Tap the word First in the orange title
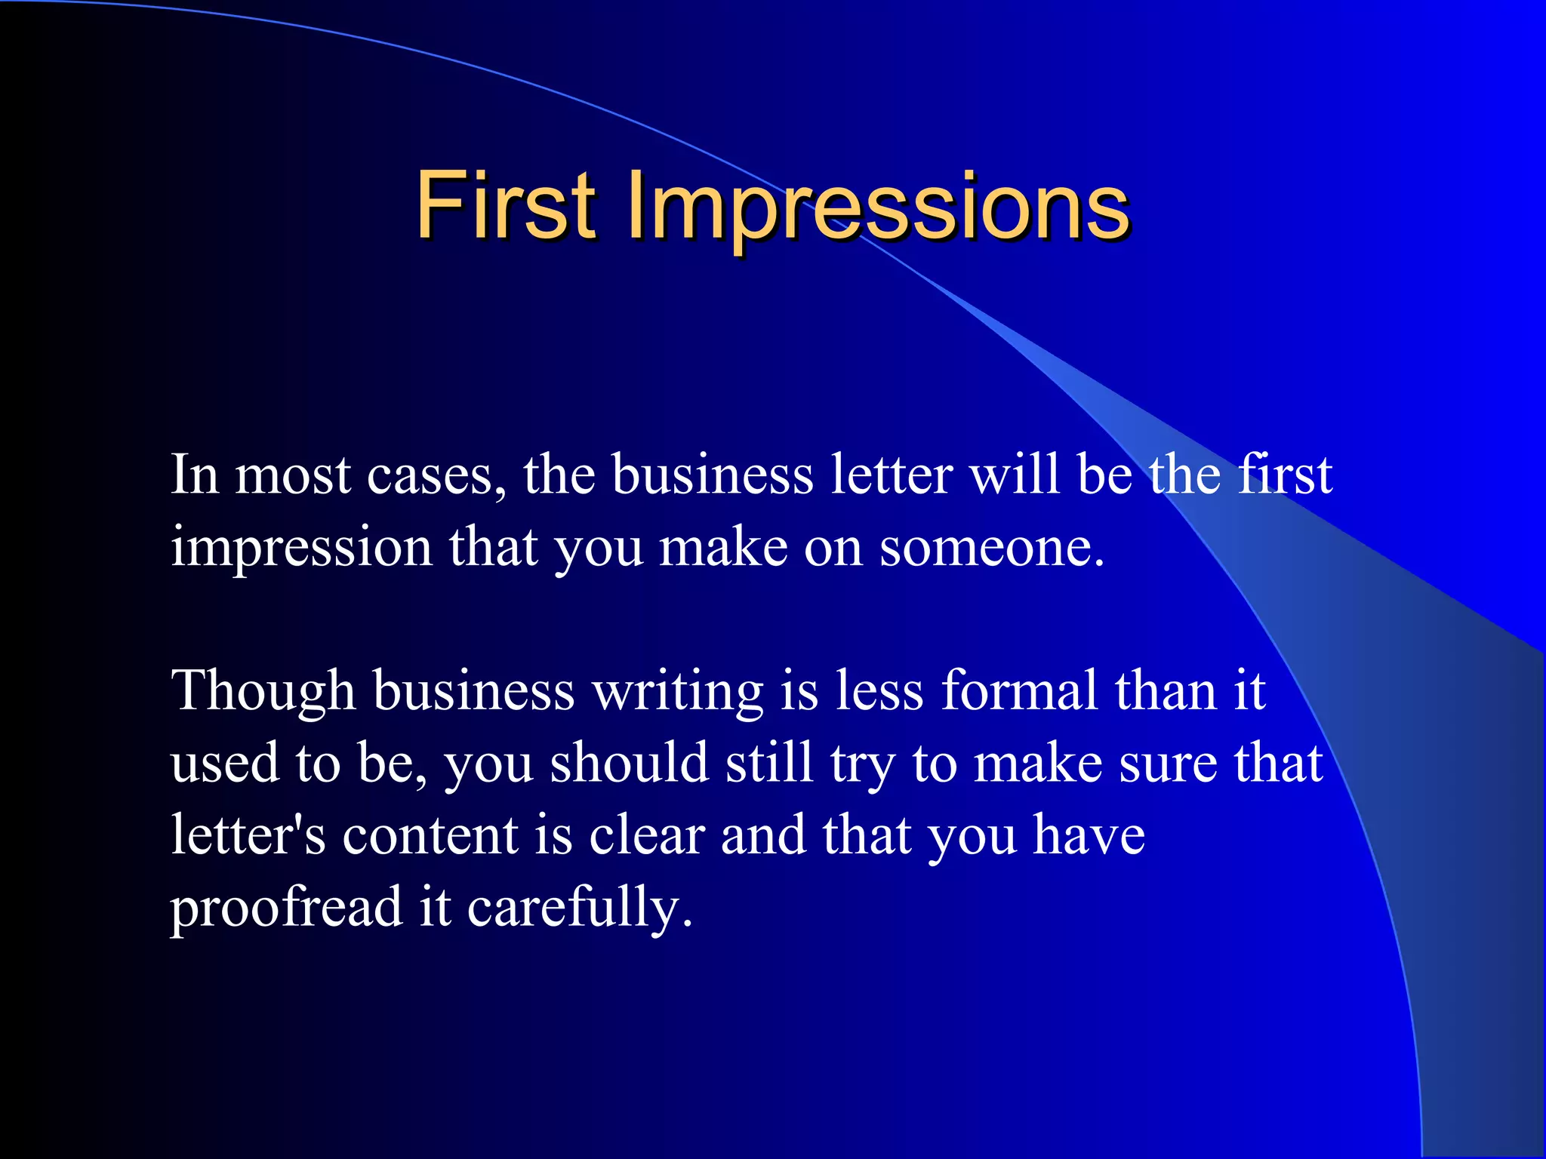click(506, 205)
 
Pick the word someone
click(992, 547)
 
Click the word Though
click(263, 691)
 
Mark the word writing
click(677, 691)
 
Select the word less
click(879, 690)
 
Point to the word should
click(630, 762)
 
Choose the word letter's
click(248, 835)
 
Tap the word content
click(430, 835)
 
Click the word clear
click(647, 835)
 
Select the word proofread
click(286, 907)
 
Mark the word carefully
click(579, 907)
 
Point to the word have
click(1089, 835)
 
